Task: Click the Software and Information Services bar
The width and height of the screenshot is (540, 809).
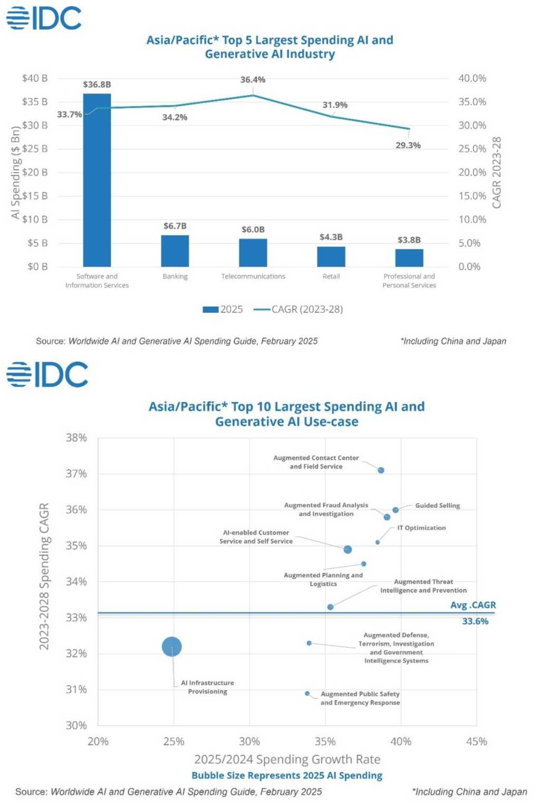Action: [x=97, y=180]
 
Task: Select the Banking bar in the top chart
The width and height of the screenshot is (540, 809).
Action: [x=175, y=251]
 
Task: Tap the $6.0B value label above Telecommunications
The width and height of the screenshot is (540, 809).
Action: [x=253, y=230]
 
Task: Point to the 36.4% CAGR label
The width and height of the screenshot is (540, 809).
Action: [x=253, y=80]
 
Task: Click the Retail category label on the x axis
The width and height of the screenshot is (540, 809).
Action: [x=331, y=277]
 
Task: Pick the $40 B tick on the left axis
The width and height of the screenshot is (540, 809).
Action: [x=35, y=78]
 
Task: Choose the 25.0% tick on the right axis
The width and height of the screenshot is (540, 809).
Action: [x=472, y=149]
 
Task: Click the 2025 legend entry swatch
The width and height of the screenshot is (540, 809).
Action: [x=210, y=310]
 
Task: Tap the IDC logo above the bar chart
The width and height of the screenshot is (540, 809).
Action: [x=44, y=18]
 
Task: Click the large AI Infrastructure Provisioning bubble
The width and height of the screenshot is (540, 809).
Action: [x=172, y=646]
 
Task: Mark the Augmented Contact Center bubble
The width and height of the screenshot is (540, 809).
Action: [x=381, y=470]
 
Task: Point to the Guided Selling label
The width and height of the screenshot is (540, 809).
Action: [x=437, y=506]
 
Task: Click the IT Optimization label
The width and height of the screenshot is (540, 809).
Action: [x=421, y=528]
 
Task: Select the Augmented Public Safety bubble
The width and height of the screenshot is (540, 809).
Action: [x=307, y=693]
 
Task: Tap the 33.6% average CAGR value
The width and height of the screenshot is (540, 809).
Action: [x=475, y=622]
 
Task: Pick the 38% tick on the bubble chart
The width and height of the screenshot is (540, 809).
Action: [x=76, y=438]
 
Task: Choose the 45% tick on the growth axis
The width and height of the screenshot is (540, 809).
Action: [x=476, y=741]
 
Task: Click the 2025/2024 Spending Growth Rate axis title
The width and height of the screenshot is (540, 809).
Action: [x=287, y=759]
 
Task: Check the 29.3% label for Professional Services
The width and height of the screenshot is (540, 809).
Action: [x=408, y=146]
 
